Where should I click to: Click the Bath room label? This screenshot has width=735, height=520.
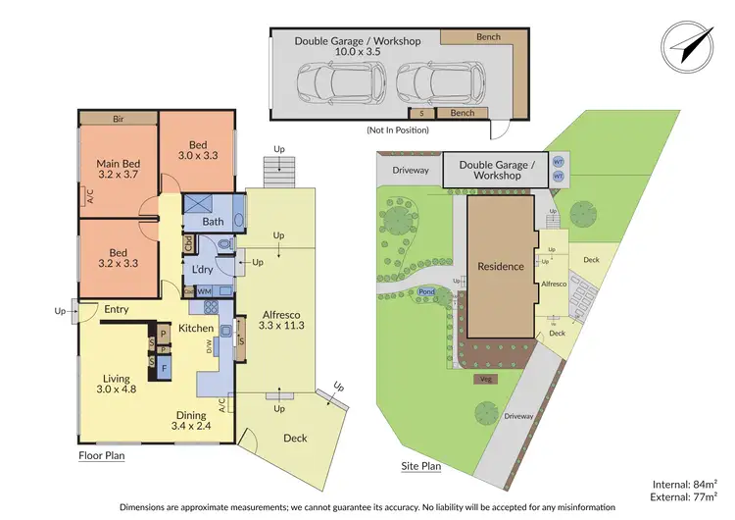click(x=213, y=222)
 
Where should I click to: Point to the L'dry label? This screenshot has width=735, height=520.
click(x=203, y=269)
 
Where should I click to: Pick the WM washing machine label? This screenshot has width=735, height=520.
click(x=204, y=291)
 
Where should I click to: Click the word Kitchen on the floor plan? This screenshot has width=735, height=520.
click(x=196, y=328)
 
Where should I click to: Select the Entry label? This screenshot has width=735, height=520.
click(x=117, y=310)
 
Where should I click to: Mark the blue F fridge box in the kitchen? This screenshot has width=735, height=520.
click(x=164, y=368)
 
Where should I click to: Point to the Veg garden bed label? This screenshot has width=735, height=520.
click(x=487, y=378)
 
